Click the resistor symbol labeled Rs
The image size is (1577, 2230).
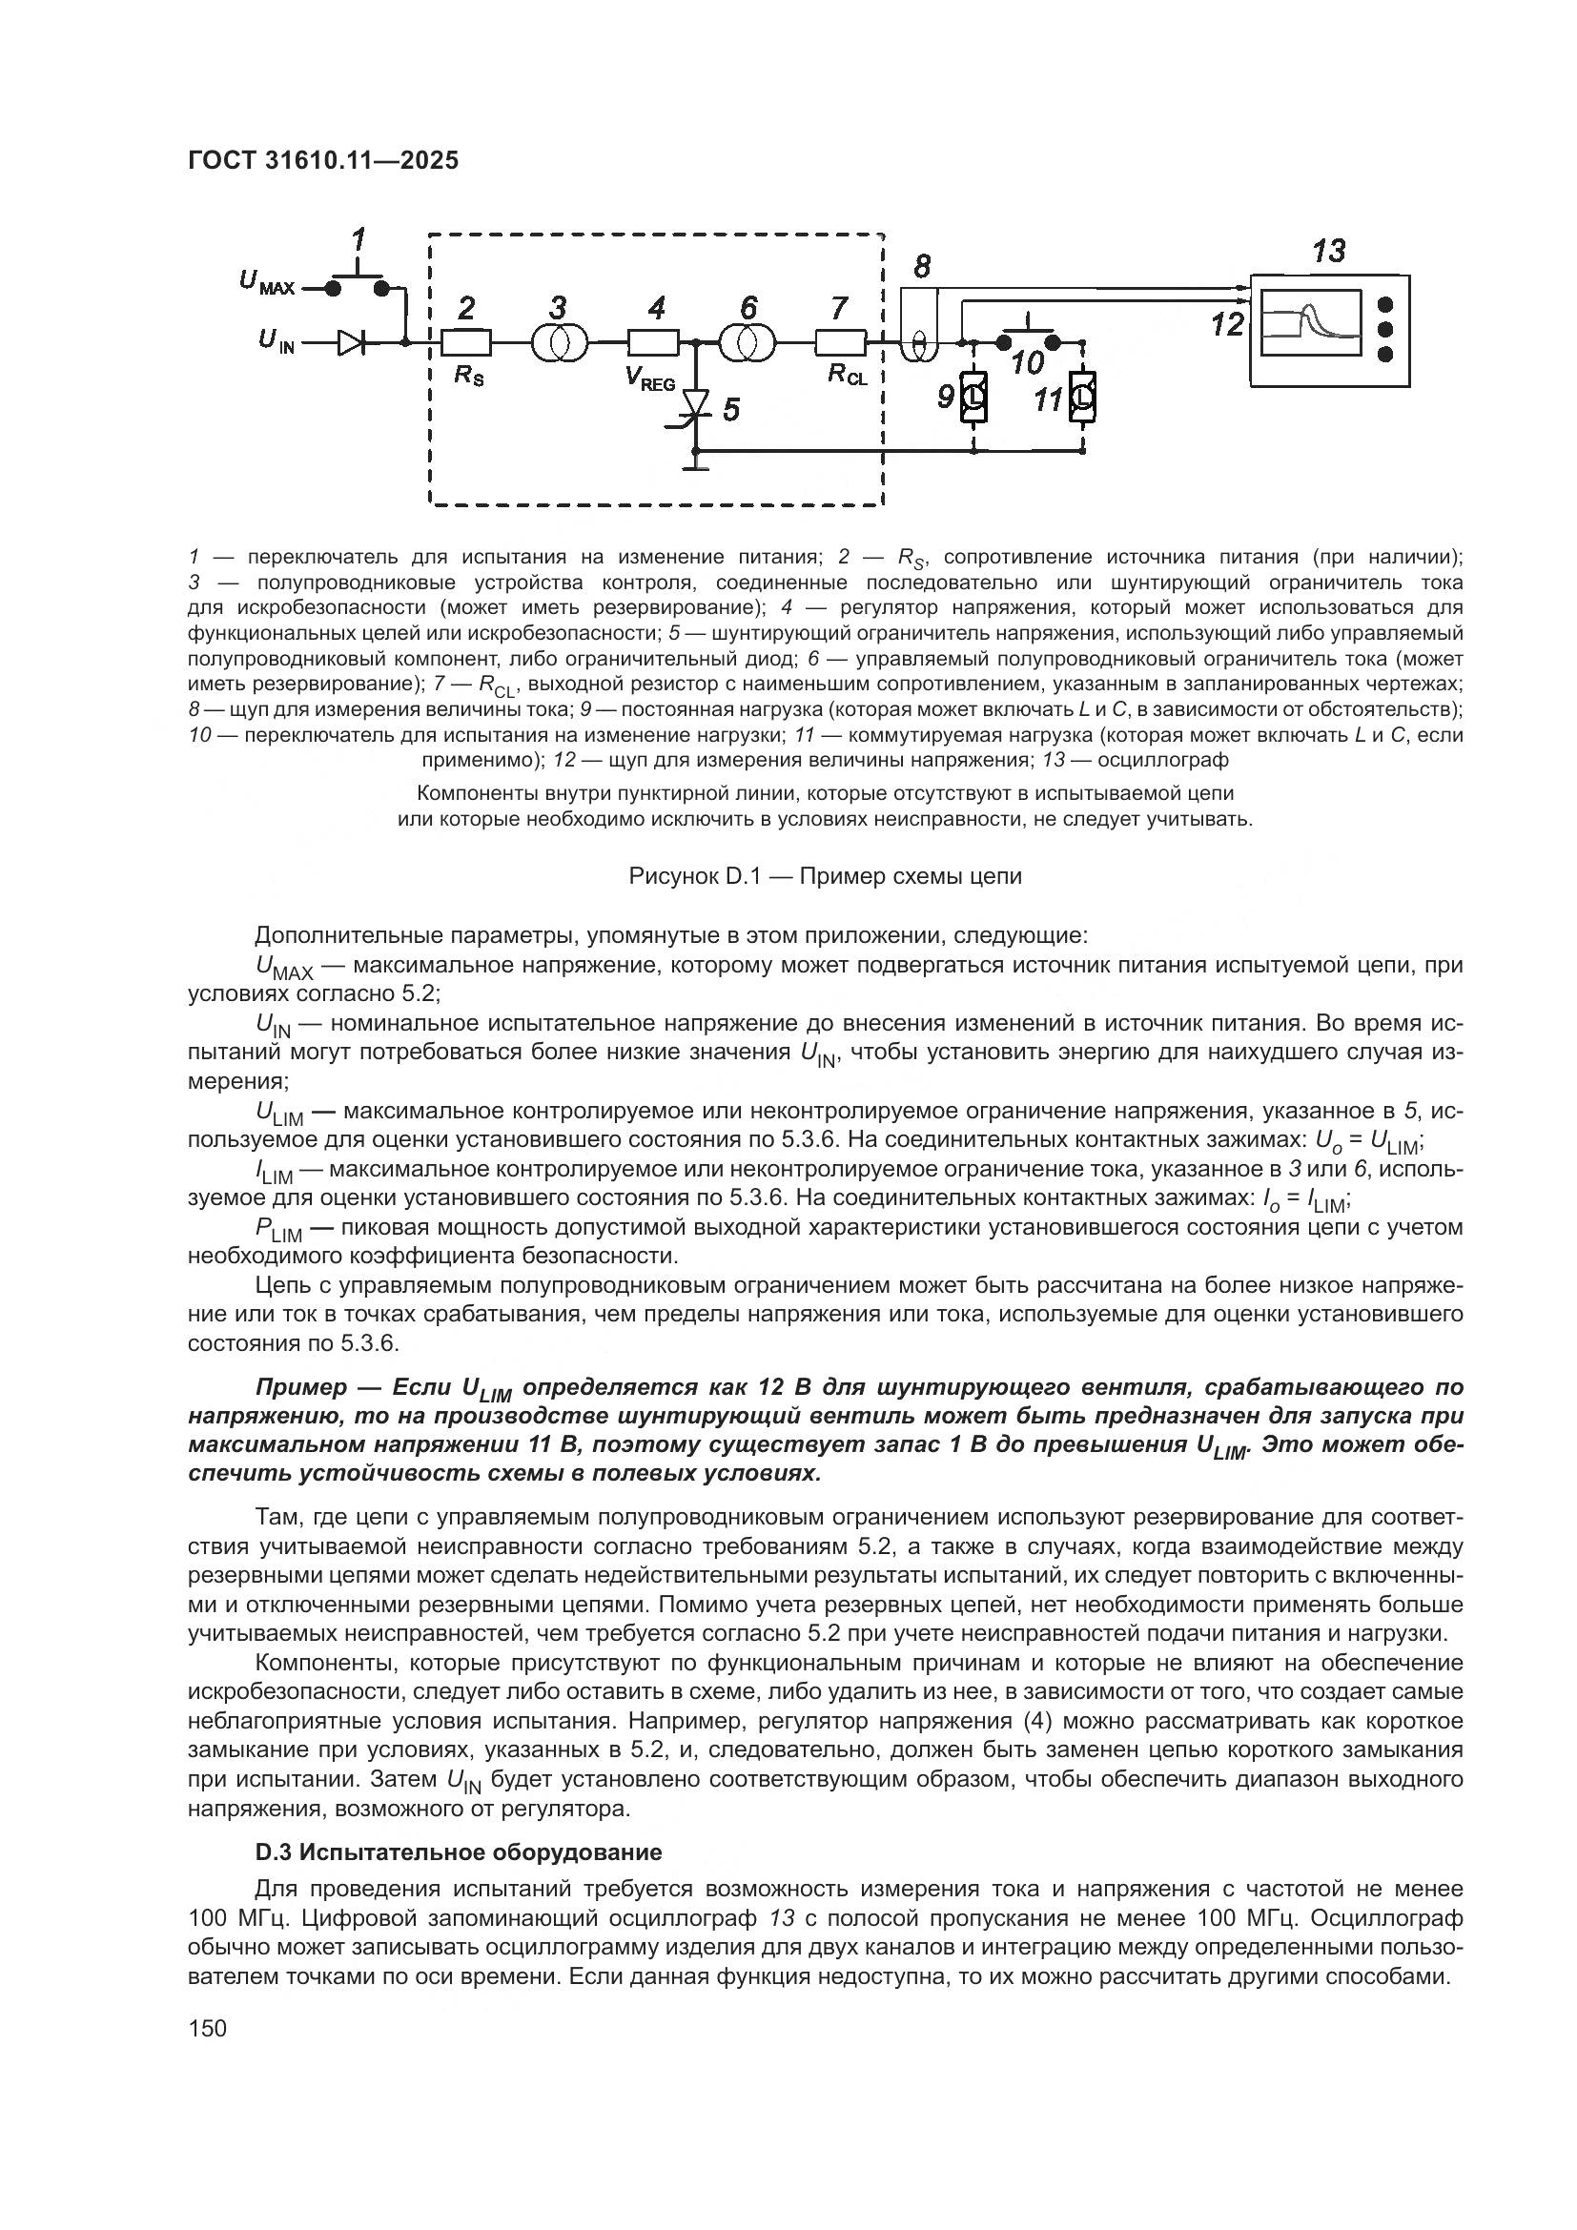tap(467, 343)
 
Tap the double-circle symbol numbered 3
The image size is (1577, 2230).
tap(559, 343)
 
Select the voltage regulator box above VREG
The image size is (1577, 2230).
tap(652, 343)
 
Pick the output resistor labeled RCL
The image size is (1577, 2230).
tap(840, 343)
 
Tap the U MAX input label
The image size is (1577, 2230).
tap(265, 282)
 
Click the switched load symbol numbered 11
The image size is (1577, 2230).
tap(1083, 398)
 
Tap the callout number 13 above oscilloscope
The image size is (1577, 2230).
tap(1328, 252)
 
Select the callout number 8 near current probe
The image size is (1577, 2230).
tap(922, 265)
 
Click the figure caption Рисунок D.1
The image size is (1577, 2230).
tap(825, 876)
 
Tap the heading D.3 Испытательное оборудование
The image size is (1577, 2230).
tap(459, 1852)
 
